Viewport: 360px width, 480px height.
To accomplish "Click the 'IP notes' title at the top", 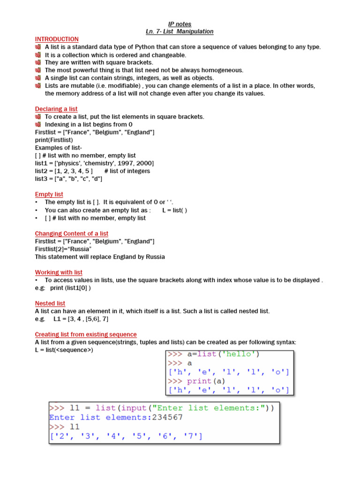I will click(x=180, y=24).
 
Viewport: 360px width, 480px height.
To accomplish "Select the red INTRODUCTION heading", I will click(x=57, y=39).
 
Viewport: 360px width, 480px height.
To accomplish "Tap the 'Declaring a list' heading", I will click(x=56, y=109).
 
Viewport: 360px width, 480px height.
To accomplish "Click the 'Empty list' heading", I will click(x=49, y=195).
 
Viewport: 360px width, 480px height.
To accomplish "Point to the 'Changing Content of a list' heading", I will click(x=72, y=233).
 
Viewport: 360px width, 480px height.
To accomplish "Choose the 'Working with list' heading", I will click(x=59, y=272).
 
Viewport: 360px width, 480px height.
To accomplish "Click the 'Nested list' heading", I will click(x=50, y=304).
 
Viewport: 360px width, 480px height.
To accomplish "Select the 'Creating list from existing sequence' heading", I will click(x=86, y=335).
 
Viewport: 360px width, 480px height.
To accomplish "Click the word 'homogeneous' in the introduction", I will click(x=225, y=70).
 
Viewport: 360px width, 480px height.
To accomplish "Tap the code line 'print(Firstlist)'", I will click(x=54, y=140).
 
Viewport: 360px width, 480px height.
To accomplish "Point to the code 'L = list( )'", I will click(x=174, y=210).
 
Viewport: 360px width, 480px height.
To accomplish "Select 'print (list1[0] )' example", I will click(x=70, y=288).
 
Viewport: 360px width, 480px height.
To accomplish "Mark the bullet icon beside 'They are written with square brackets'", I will click(x=38, y=63).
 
